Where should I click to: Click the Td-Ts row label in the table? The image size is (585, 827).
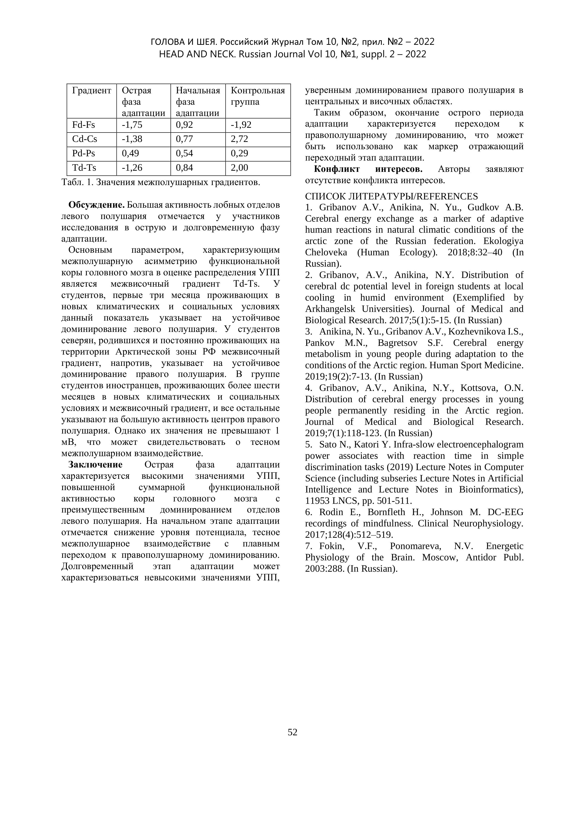point(84,167)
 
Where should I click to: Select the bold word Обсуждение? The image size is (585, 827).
point(96,205)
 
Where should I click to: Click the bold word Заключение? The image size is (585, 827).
point(95,465)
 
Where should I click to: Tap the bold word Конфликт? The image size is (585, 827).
point(337,169)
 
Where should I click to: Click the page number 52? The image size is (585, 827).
point(292,732)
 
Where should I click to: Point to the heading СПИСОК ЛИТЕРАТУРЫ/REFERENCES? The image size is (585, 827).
point(391,196)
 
